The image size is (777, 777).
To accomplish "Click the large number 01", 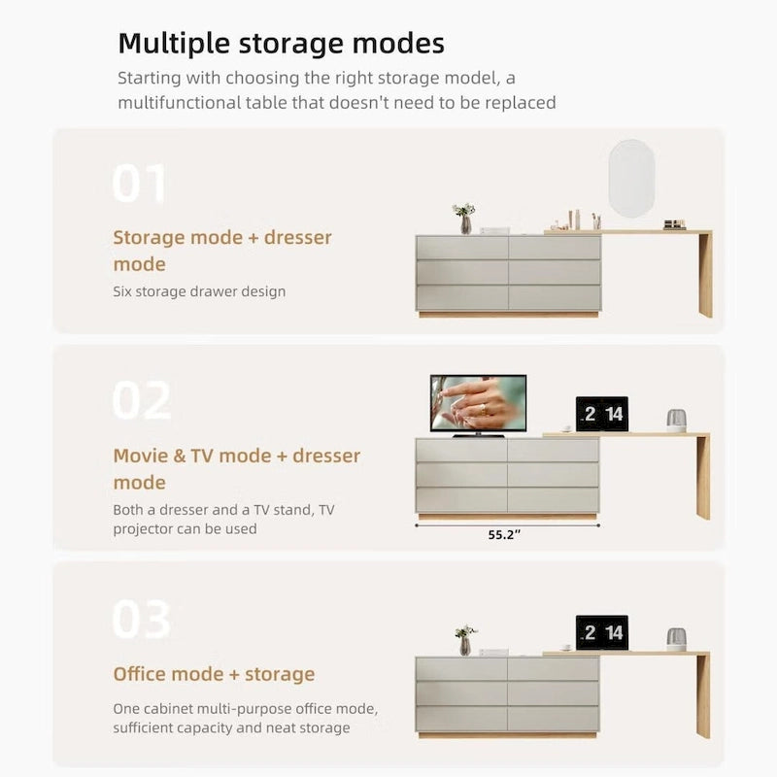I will [140, 184].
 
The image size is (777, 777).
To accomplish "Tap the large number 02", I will [142, 400].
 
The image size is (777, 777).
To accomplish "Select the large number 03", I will [142, 619].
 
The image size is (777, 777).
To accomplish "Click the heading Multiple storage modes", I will [281, 44].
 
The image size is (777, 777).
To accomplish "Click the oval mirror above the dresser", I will [631, 177].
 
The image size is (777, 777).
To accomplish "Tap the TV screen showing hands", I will [478, 403].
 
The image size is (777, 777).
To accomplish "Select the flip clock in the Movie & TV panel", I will [601, 414].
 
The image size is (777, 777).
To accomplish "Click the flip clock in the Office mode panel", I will [601, 632].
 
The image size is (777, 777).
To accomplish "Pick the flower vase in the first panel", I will [464, 219].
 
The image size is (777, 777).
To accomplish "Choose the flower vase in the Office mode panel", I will [465, 640].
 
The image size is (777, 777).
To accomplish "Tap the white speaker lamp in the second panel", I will [676, 421].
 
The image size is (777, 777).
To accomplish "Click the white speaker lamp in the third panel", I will [676, 639].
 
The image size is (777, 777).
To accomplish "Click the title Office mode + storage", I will [214, 674].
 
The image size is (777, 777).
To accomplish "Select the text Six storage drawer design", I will [199, 291].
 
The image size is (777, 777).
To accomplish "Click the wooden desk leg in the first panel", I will [705, 275].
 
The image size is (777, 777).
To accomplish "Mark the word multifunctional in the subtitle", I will [195, 102].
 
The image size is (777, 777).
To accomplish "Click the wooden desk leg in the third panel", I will [702, 696].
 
